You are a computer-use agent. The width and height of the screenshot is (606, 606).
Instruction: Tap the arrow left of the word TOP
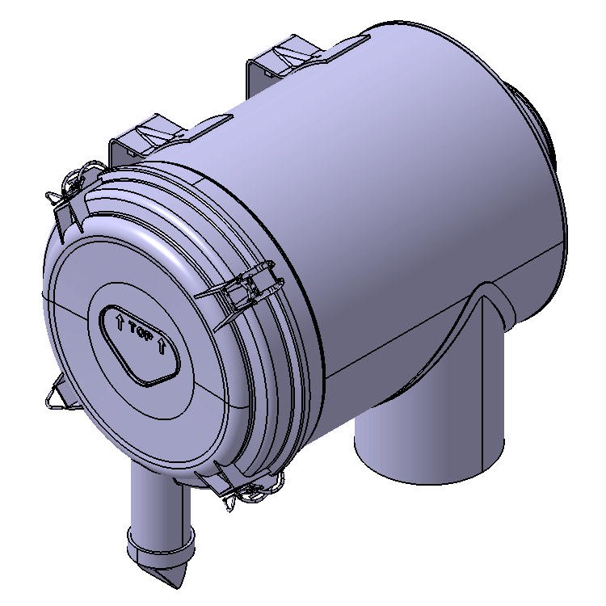pyautogui.click(x=120, y=324)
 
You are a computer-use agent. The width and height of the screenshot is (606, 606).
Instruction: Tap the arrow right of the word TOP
pyautogui.click(x=163, y=346)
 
